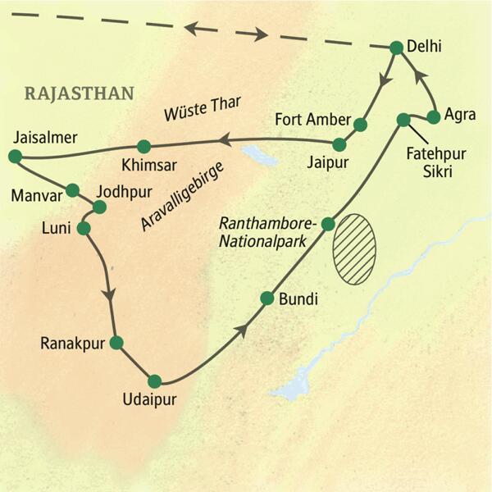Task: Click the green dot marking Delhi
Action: [396, 48]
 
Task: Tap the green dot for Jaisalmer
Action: [13, 155]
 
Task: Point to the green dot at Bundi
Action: [266, 298]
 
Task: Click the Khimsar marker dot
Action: [144, 147]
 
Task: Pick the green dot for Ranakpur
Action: [116, 343]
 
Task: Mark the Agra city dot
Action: [435, 116]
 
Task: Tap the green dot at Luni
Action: [83, 228]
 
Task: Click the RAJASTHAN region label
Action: [80, 92]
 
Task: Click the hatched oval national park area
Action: [354, 249]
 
